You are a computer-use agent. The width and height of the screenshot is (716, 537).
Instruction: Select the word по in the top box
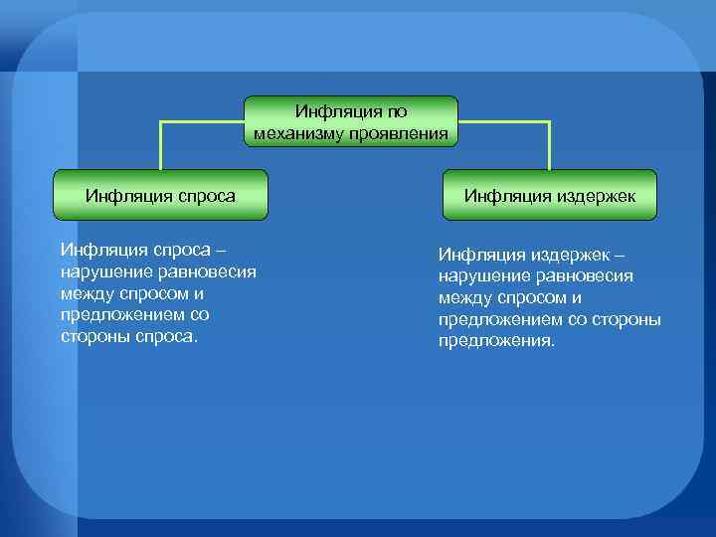click(x=396, y=112)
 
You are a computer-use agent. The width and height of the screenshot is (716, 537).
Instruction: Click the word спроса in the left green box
click(x=203, y=196)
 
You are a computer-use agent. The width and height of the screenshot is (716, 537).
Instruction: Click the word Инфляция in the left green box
click(x=121, y=196)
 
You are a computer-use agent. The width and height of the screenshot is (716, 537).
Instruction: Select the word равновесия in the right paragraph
click(x=586, y=275)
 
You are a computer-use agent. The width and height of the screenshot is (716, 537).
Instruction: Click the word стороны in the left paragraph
click(x=93, y=336)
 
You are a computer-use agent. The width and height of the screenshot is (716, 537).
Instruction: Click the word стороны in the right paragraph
click(x=623, y=319)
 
